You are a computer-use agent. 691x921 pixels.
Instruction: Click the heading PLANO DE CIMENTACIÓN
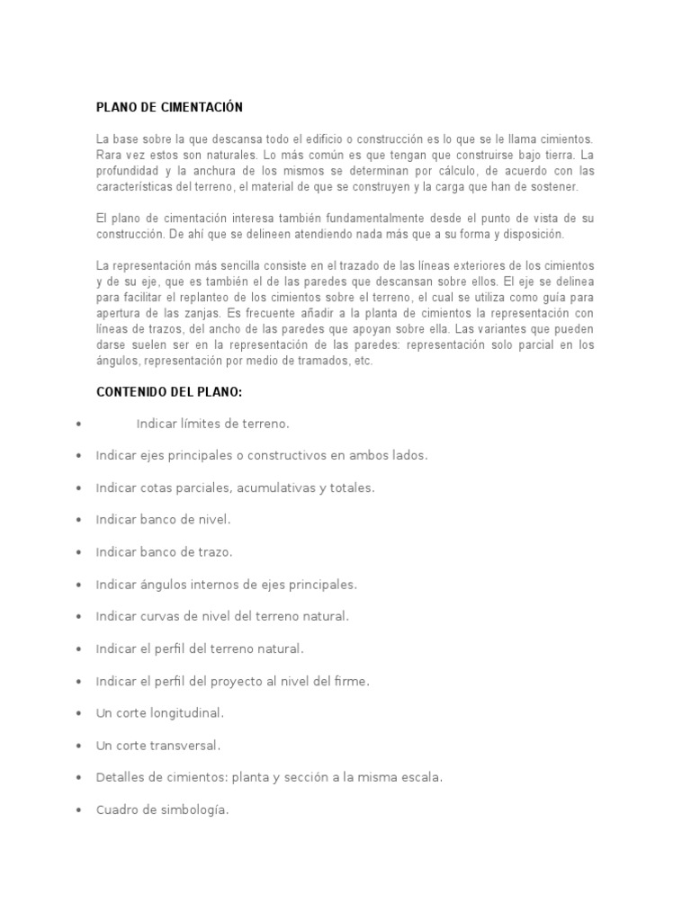(169, 107)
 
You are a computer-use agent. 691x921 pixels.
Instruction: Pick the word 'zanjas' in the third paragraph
(204, 313)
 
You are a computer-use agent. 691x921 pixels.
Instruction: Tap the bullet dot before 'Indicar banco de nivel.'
(80, 520)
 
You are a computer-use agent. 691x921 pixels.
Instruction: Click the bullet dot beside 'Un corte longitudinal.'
(80, 713)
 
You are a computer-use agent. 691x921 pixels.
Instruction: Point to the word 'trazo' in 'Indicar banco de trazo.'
(214, 552)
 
